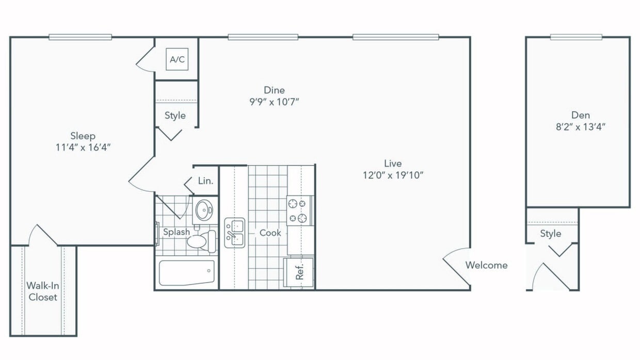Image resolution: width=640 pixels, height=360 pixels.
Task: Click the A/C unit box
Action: pos(177,59)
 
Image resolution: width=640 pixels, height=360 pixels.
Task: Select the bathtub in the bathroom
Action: pos(186,273)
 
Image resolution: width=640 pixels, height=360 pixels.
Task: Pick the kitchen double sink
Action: pos(235,233)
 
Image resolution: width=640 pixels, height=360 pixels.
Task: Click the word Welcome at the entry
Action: pos(486,265)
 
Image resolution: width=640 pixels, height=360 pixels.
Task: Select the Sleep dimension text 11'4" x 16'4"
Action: pos(83,148)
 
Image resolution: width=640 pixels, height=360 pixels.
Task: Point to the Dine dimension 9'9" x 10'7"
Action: pos(274,102)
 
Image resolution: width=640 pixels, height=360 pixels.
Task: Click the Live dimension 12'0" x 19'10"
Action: pos(393,175)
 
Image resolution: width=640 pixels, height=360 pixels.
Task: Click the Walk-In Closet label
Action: pos(43,291)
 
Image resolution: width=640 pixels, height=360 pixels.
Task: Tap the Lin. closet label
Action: pos(205,181)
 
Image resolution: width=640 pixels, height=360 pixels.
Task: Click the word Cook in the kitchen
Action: pos(270,233)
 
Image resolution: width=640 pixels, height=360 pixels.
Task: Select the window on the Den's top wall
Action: pos(576,37)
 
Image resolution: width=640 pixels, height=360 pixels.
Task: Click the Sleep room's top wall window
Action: pos(81,37)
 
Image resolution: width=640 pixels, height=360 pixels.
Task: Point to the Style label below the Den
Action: pos(551,234)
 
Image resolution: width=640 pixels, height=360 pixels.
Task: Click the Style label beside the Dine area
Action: pos(175,115)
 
